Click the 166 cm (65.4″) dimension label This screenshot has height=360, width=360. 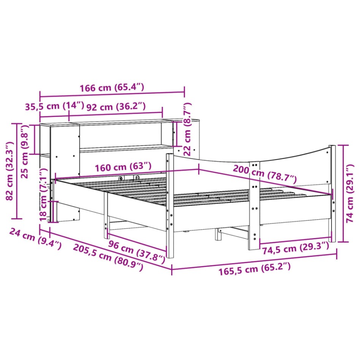tap(112, 87)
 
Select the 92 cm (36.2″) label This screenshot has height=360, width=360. tap(116, 106)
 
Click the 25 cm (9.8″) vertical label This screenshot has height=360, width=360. tap(25, 152)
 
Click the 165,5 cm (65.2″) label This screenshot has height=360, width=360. tap(254, 270)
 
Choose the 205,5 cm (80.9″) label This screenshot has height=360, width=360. tap(108, 257)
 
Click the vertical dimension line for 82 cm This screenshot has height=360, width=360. tap(16, 171)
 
